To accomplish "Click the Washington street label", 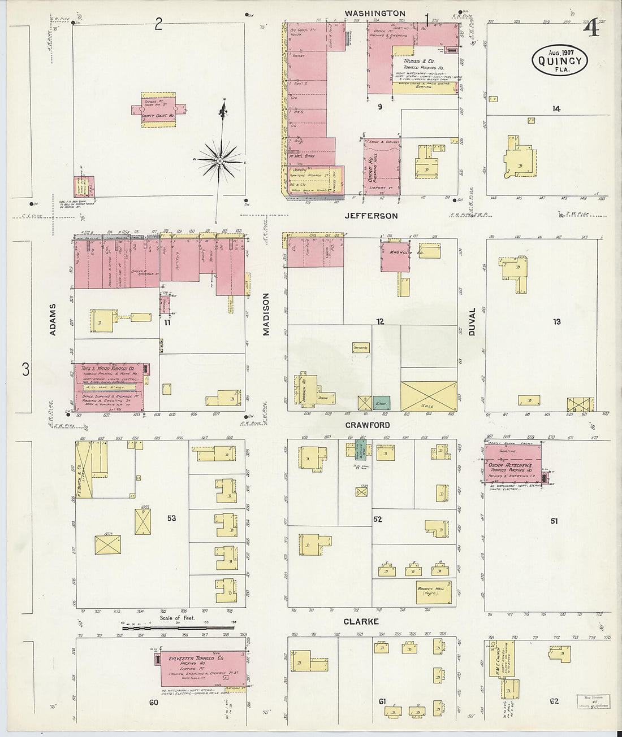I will coord(375,13).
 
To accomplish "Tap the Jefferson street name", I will coord(372,216).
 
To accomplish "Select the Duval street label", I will coord(472,322).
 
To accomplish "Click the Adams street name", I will coord(53,320).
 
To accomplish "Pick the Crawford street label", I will coord(369,425).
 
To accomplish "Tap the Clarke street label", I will coord(361,621).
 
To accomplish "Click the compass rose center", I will coord(219,161).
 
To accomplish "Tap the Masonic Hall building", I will coord(434,592).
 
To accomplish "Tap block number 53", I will coord(172,518).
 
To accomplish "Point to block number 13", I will coord(557,321).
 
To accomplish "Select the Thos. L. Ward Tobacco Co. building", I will coord(109,386).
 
